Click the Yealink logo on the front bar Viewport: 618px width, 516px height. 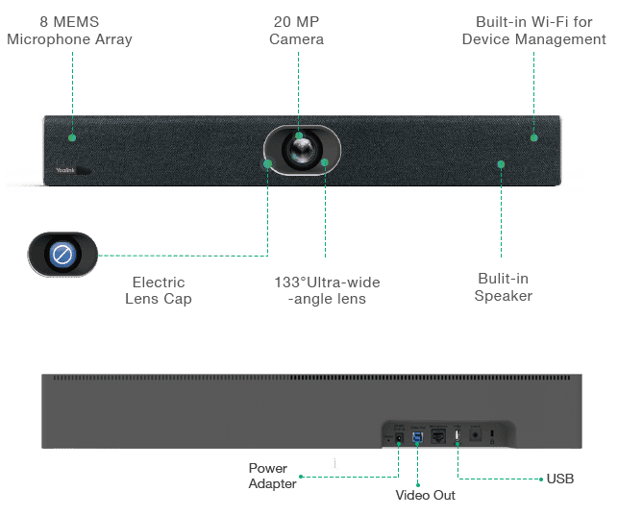[65, 170]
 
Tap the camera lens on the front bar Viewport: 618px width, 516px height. [303, 150]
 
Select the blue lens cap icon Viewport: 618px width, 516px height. [62, 254]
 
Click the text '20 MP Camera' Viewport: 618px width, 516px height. [296, 31]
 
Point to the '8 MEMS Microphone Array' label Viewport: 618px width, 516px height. [69, 31]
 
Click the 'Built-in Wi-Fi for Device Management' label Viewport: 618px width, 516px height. [534, 31]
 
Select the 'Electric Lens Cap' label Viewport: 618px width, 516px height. [159, 290]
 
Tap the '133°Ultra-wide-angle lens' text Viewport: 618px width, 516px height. [327, 290]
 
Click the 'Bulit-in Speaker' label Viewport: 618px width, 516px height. [504, 286]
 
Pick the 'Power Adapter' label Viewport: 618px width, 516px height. [272, 476]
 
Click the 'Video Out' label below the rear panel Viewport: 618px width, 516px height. [425, 495]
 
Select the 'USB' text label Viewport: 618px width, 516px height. [560, 479]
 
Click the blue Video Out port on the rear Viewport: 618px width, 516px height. [417, 437]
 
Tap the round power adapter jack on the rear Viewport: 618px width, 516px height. [399, 437]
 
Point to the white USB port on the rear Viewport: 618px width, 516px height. [457, 435]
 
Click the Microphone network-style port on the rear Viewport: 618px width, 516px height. [438, 436]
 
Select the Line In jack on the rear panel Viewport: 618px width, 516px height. [476, 435]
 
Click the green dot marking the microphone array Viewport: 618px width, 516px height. [72, 137]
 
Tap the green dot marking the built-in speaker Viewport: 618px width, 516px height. [501, 164]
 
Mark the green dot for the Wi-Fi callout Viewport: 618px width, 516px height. [534, 137]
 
